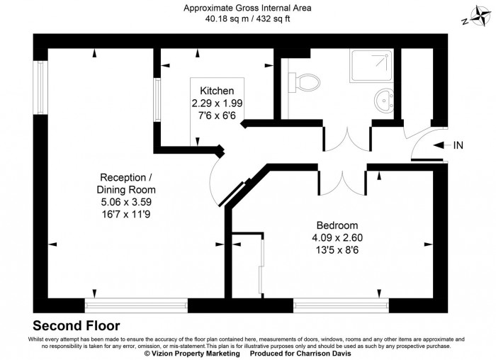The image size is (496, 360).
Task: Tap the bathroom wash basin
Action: tap(385, 99)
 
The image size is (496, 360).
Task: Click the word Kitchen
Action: tap(217, 91)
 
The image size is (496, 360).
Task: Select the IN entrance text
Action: tap(458, 146)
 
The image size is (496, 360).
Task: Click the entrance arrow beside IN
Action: tap(439, 146)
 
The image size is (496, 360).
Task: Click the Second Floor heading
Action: tap(77, 326)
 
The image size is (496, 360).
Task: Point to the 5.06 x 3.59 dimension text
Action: tap(126, 202)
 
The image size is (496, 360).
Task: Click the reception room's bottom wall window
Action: tap(136, 305)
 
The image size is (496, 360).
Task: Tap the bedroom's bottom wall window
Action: tap(341, 305)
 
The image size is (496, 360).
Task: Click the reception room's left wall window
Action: tap(41, 89)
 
